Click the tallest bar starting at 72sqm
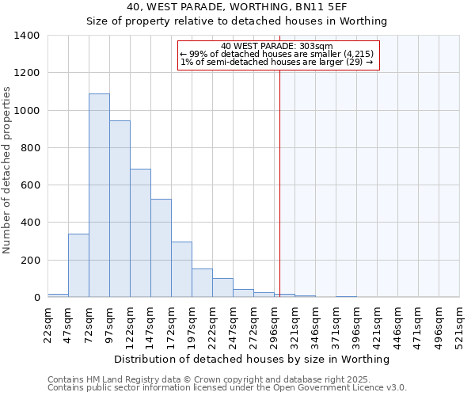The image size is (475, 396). (x=99, y=196)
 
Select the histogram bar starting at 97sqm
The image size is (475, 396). (x=120, y=209)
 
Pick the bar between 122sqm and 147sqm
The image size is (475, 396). (x=140, y=233)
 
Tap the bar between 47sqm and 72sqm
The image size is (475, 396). (x=78, y=265)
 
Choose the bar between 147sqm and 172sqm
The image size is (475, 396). (x=161, y=248)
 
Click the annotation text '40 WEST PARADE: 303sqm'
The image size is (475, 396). (x=277, y=46)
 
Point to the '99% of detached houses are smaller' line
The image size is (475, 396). (x=277, y=54)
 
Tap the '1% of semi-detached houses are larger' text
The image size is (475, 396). (x=277, y=62)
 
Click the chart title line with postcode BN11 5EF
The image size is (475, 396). (x=236, y=7)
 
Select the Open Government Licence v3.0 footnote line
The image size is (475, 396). (x=227, y=387)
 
